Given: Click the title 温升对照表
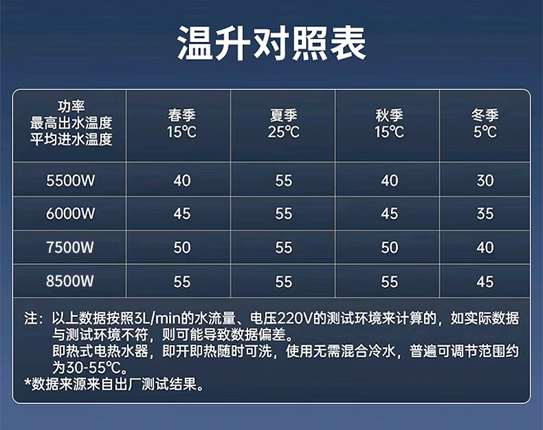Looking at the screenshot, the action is [271, 43].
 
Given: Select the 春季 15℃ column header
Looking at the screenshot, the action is [182, 124].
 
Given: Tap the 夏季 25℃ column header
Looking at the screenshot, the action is [284, 124].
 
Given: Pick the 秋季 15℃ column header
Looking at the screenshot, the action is [389, 124].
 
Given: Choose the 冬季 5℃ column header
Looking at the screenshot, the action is [485, 124].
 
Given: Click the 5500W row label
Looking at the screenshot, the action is [70, 181].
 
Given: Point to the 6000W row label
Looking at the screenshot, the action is [70, 214].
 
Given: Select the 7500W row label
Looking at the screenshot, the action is [70, 247].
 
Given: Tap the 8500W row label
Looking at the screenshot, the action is [70, 281].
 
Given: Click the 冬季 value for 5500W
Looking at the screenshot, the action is [485, 181].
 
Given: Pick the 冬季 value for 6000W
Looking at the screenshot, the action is [485, 214].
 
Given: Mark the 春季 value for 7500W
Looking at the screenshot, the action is [182, 247].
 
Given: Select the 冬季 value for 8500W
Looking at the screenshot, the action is [485, 282].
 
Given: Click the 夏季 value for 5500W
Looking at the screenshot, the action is [284, 181].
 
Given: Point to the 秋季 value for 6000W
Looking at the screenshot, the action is [390, 214].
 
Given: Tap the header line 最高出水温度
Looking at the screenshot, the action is [71, 123].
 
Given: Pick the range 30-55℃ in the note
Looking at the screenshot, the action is [93, 367].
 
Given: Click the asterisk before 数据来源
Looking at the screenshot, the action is [27, 382].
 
